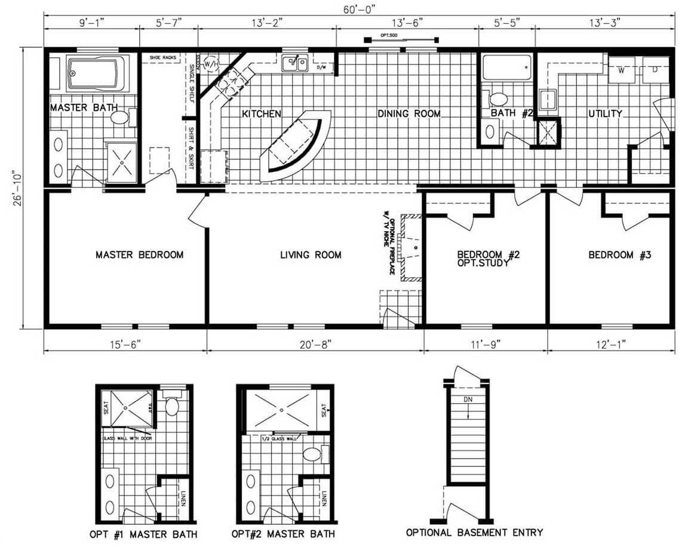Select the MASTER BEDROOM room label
click(x=139, y=255)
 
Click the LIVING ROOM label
click(x=311, y=255)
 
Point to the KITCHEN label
click(x=261, y=113)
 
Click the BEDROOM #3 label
click(x=619, y=255)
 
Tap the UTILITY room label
click(x=605, y=113)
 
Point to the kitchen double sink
click(x=294, y=62)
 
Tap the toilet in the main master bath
click(x=121, y=116)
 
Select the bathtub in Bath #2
click(x=506, y=68)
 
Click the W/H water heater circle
click(x=211, y=63)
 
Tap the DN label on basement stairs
click(x=468, y=399)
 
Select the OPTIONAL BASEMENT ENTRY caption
click(x=474, y=532)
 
